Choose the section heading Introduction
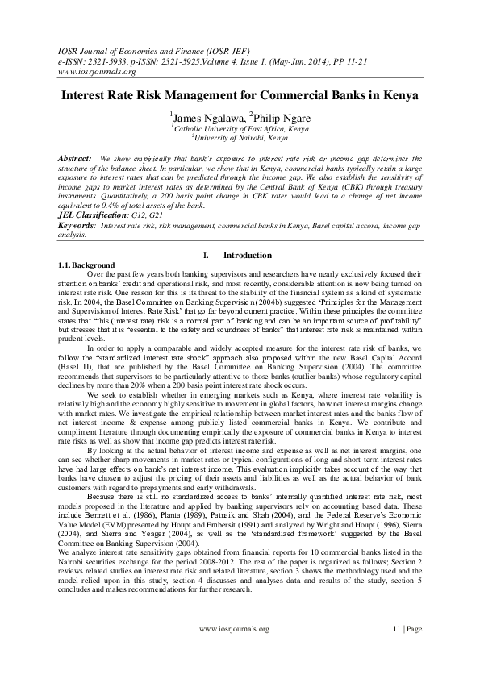point(247,256)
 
